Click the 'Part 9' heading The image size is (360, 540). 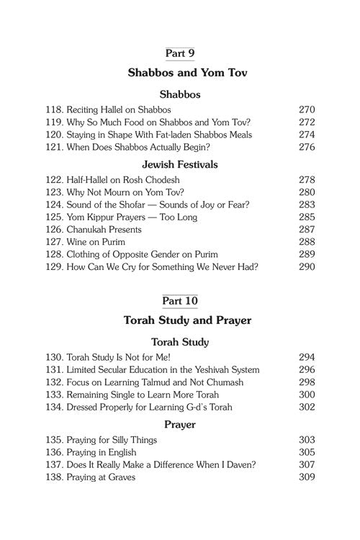(180, 53)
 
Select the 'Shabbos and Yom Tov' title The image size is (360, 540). (180, 73)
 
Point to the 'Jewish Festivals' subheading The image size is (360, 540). (180, 165)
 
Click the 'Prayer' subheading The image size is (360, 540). (180, 425)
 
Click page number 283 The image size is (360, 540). (307, 204)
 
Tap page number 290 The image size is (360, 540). (307, 268)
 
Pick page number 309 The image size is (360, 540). (307, 477)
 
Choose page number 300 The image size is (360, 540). (307, 395)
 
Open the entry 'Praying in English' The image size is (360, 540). (102, 451)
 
